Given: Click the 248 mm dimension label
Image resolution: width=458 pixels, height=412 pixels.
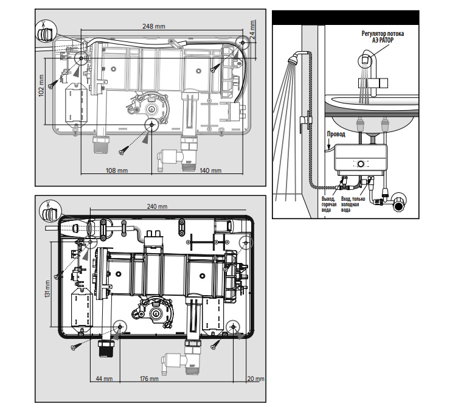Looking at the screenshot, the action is [154, 26].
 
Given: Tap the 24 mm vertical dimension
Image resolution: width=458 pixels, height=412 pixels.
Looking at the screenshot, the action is [253, 29].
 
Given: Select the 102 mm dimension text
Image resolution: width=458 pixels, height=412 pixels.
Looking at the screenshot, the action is [41, 86].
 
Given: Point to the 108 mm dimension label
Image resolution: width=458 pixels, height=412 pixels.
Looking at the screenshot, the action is [117, 170].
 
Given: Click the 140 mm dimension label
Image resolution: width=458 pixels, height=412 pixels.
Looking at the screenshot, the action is [210, 170].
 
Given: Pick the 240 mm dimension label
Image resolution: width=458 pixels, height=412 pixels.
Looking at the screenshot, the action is [157, 206].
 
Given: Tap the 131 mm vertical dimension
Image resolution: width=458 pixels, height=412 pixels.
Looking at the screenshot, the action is [47, 289].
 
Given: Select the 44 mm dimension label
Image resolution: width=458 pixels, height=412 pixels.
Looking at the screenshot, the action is [104, 379].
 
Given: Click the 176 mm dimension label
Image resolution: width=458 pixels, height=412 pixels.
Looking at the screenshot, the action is [149, 379].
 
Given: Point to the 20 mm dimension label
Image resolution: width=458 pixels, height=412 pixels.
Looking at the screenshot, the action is [255, 379].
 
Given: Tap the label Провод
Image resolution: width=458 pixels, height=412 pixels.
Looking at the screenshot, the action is [336, 134].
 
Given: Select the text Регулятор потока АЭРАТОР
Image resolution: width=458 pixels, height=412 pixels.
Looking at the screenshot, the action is [383, 37].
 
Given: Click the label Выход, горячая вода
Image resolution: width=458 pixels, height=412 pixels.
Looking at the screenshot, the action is [329, 204].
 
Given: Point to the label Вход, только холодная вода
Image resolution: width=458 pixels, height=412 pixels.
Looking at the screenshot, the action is [353, 204].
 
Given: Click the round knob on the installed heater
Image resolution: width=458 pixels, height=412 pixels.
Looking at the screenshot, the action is [361, 164].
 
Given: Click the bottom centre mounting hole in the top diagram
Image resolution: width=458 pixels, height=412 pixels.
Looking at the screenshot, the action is [151, 125].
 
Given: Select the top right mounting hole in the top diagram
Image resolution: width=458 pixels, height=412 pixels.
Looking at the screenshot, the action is [243, 43].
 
